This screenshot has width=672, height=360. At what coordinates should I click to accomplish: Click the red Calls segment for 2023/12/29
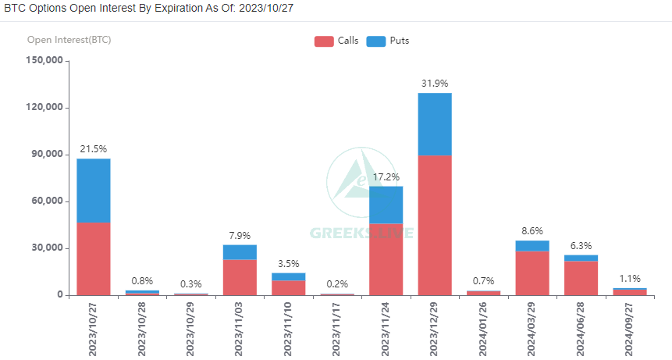(x=435, y=225)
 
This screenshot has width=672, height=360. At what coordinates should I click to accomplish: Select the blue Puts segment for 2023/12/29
(x=435, y=124)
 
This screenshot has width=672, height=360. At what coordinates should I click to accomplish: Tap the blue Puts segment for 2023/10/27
(x=94, y=191)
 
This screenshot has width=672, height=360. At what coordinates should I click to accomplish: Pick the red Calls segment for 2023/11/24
(x=386, y=259)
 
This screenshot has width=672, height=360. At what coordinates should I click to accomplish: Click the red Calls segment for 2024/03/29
(x=532, y=273)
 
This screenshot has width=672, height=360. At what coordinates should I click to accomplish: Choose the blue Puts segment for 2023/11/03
(x=240, y=252)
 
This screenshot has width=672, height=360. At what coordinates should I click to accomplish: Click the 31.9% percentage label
(x=435, y=84)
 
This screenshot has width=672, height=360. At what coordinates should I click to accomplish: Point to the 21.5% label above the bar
(x=94, y=149)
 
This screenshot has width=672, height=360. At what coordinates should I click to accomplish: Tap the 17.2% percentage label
(x=386, y=177)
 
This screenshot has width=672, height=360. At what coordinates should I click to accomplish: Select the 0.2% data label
(x=337, y=284)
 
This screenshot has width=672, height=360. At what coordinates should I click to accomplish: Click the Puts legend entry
(x=387, y=41)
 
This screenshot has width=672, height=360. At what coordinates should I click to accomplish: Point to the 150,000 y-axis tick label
(x=44, y=60)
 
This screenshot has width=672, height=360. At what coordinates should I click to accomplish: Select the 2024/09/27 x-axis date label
(x=630, y=329)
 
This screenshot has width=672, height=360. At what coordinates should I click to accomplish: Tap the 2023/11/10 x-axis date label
(x=289, y=329)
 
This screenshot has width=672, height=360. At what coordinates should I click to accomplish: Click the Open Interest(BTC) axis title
(x=69, y=39)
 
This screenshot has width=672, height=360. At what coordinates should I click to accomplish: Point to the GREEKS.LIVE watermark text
(x=362, y=233)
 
